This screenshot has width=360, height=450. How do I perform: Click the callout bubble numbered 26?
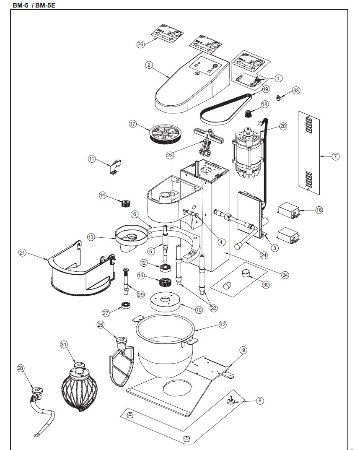click(140, 44)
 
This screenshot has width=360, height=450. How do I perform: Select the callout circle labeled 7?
click(335, 156)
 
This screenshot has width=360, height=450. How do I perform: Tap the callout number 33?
click(296, 90)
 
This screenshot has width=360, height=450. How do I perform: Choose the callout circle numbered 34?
click(285, 275)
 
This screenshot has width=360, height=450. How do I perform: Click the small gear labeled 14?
click(124, 204)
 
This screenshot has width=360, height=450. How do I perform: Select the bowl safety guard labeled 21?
click(80, 268)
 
